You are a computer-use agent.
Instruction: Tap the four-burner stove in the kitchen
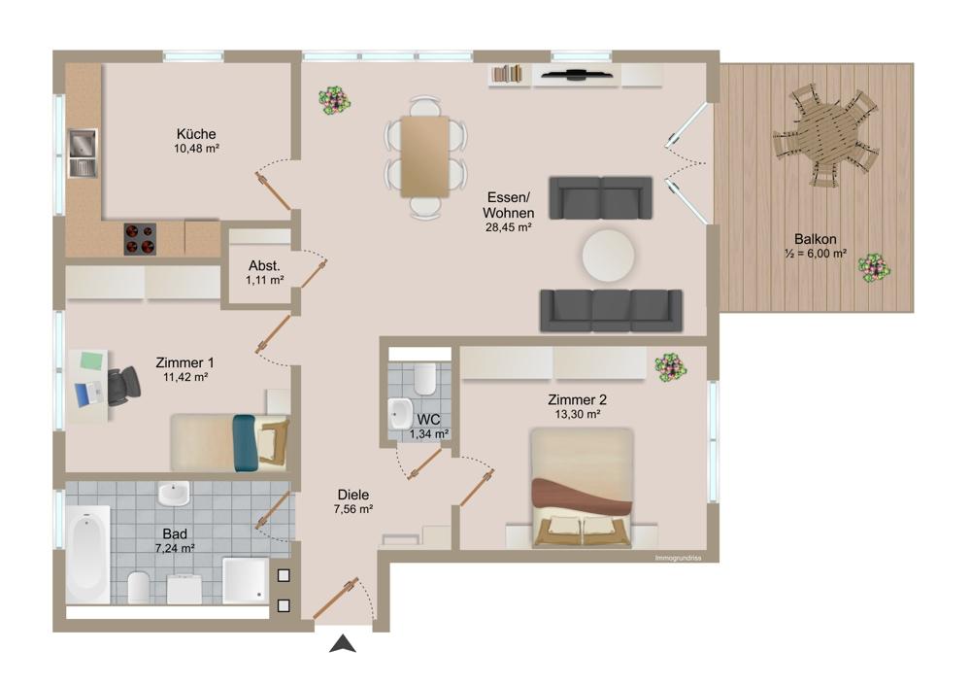(140, 238)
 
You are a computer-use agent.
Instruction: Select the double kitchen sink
(83, 154)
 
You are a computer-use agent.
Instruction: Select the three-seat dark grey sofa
(612, 309)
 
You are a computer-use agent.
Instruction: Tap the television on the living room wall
(577, 73)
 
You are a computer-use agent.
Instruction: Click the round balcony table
(824, 136)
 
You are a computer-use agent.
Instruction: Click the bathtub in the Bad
(87, 557)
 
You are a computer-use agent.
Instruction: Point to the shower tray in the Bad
(244, 579)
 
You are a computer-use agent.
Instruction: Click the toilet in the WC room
(423, 378)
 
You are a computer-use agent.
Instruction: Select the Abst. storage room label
(264, 265)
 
